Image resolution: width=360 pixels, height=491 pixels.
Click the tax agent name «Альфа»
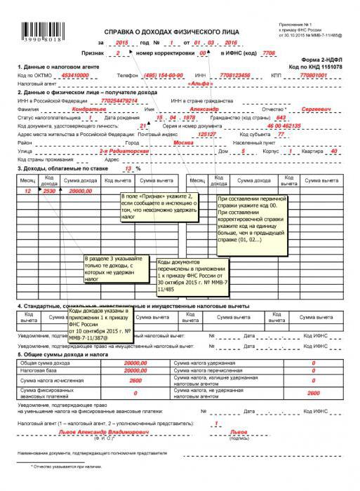(x=201, y=83)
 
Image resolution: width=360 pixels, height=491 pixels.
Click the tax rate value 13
(x=128, y=168)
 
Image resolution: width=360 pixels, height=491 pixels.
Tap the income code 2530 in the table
(x=49, y=191)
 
